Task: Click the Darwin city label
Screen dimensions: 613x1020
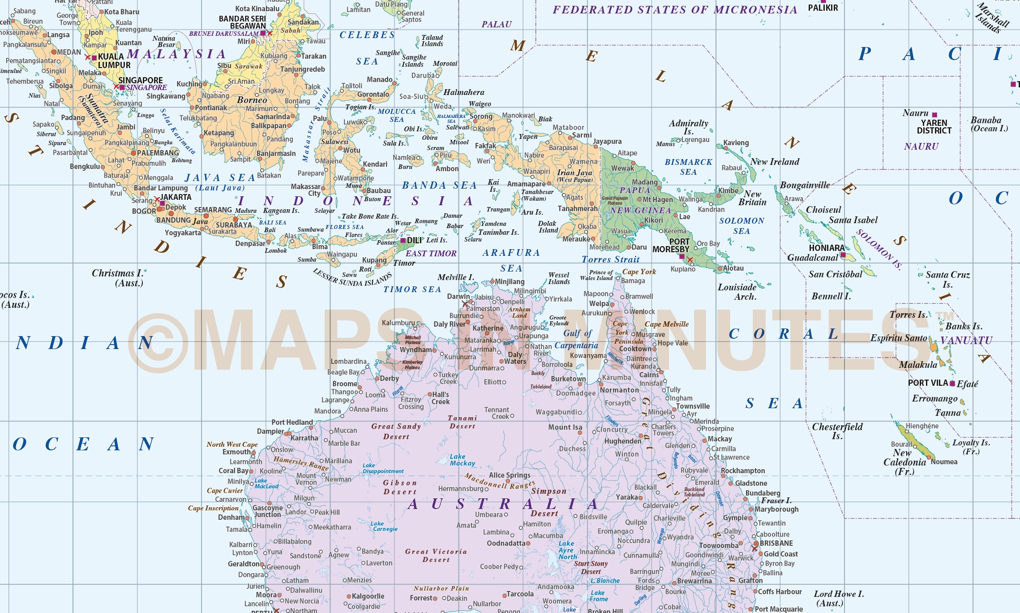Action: pyautogui.click(x=458, y=296)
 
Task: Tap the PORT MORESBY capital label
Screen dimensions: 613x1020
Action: pyautogui.click(x=671, y=246)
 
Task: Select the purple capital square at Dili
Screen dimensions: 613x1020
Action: pyautogui.click(x=403, y=241)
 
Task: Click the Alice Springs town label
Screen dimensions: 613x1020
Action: pyautogui.click(x=510, y=475)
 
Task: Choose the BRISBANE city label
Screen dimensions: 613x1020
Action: pyautogui.click(x=776, y=543)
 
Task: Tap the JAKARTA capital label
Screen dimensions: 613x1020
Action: pyautogui.click(x=176, y=197)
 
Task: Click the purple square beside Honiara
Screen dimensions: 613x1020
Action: pyautogui.click(x=843, y=255)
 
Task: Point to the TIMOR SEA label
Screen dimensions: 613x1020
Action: pyautogui.click(x=412, y=289)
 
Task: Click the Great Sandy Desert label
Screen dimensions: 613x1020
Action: pyautogui.click(x=396, y=431)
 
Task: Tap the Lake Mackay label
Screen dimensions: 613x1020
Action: pyautogui.click(x=462, y=460)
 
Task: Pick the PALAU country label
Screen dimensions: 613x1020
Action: pyautogui.click(x=496, y=24)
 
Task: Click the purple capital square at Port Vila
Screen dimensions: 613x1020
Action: pyautogui.click(x=952, y=384)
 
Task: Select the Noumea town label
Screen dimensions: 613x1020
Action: pyautogui.click(x=944, y=462)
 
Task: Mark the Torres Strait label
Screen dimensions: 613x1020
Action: pyautogui.click(x=610, y=259)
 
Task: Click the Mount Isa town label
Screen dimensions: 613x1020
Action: pyautogui.click(x=565, y=427)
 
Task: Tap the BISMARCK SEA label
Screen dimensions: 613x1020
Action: pyautogui.click(x=688, y=167)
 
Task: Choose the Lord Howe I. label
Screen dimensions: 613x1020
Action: pyautogui.click(x=839, y=598)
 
